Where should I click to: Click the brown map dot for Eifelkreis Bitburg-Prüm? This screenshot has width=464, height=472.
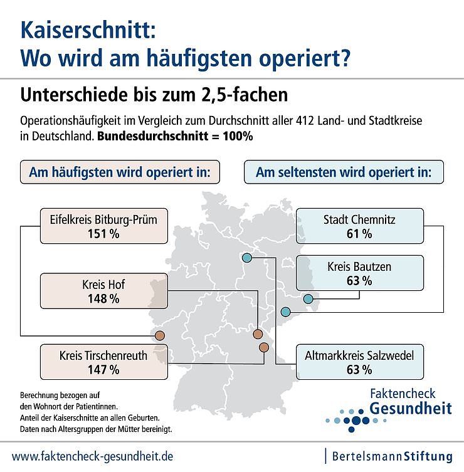(x=160, y=335)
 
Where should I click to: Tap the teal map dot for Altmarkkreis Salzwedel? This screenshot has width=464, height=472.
(x=246, y=258)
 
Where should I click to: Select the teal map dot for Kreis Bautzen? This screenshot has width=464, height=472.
(x=308, y=300)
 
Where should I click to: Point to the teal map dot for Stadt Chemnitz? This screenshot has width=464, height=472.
(x=286, y=312)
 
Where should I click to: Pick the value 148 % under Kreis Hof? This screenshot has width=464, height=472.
(x=104, y=299)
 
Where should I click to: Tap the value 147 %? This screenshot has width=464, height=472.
(x=104, y=370)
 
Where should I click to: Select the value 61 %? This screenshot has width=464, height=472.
(x=359, y=234)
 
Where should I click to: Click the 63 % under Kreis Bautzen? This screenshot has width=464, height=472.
(x=359, y=281)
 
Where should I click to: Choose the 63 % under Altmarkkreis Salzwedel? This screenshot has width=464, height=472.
(x=359, y=370)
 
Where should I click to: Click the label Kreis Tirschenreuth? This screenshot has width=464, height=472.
(x=104, y=355)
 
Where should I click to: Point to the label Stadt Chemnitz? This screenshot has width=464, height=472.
(x=359, y=219)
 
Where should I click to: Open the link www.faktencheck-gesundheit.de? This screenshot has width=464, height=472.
(x=93, y=456)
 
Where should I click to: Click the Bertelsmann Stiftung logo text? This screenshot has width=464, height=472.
(x=392, y=456)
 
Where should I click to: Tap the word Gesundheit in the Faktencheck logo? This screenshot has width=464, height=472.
(x=411, y=409)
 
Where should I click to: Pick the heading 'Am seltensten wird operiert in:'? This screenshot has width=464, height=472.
(x=344, y=172)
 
